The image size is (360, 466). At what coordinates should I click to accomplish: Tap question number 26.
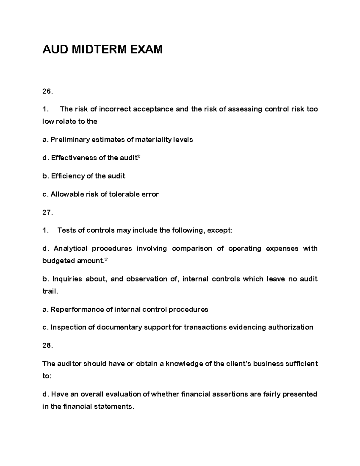47,92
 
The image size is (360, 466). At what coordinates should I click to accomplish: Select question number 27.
47,213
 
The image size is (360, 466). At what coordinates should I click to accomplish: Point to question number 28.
47,346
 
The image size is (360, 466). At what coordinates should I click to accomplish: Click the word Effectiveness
74,158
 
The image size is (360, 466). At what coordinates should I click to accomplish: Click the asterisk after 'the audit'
139,157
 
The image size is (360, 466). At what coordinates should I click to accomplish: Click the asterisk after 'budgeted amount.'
106,260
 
